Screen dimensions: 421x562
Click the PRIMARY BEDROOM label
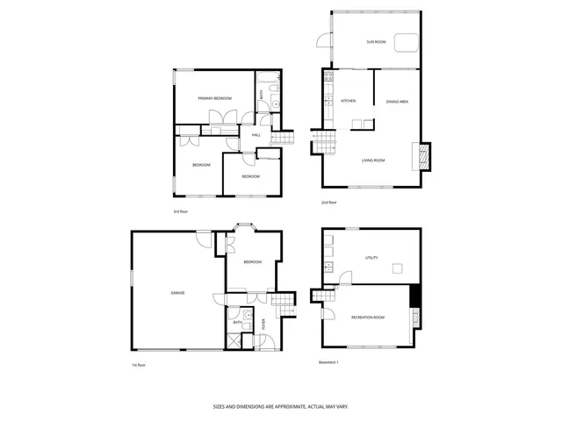(215, 98)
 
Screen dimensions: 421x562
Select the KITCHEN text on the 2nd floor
(348, 102)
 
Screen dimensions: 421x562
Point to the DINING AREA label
(397, 102)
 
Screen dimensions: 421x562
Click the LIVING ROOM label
(373, 161)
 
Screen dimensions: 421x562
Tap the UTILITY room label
(371, 257)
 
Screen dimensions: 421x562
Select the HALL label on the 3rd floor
(256, 135)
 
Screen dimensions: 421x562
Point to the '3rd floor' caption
(181, 211)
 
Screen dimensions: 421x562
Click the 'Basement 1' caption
(327, 361)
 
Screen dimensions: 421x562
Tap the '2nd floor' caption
(328, 203)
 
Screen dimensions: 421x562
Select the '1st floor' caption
(138, 364)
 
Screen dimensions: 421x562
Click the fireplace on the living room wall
(424, 157)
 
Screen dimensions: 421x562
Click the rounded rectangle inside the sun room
(405, 43)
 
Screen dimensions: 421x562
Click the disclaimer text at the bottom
(280, 407)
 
